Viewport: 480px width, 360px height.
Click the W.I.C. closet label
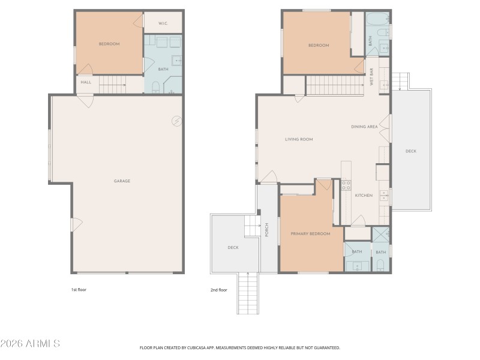coord(163,23)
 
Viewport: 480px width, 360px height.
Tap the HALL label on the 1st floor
coord(86,82)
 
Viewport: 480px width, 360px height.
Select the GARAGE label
coord(122,181)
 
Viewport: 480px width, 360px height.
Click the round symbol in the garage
coord(177,121)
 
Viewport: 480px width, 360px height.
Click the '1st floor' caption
coord(79,290)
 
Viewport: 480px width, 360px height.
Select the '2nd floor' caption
coord(219,290)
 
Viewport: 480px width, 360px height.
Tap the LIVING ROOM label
coord(299,139)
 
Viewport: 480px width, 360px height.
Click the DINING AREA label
coord(364,127)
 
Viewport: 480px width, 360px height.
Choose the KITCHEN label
coord(364,196)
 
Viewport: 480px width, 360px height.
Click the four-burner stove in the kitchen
coord(346,185)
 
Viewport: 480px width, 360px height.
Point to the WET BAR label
coord(372,80)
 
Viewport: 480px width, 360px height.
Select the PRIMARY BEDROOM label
coord(310,233)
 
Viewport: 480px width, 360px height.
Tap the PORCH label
coord(266,229)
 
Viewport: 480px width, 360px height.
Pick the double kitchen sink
coord(385,196)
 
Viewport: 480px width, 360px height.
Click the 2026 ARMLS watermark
coord(30,344)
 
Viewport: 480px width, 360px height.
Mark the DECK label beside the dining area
coord(410,151)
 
